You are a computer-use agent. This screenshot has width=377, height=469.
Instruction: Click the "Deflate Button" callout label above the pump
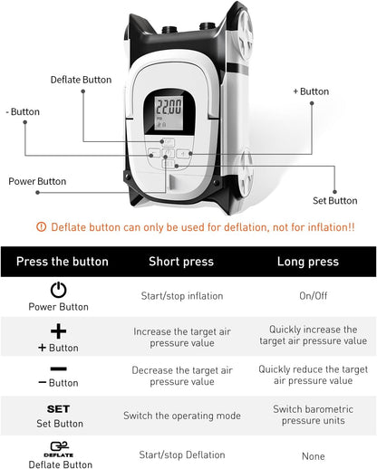[x=81, y=80]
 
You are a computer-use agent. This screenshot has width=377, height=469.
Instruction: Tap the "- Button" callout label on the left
[x=23, y=112]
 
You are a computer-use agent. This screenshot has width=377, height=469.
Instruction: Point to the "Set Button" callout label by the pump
[x=335, y=200]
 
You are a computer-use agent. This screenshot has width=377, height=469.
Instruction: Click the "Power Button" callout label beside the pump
[x=37, y=181]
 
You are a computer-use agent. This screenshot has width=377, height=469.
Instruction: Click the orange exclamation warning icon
[x=41, y=228]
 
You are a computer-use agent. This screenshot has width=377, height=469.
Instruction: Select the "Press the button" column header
[x=62, y=262]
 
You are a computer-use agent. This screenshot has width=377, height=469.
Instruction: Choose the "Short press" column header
[x=181, y=262]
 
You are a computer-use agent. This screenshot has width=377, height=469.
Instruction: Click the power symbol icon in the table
[x=58, y=291]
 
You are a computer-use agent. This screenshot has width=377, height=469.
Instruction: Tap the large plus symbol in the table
[x=58, y=331]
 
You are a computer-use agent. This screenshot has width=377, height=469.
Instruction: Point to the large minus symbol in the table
[x=58, y=368]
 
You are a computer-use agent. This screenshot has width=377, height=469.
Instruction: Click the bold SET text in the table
[x=58, y=409]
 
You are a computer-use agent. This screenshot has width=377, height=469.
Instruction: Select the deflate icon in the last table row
[x=58, y=447]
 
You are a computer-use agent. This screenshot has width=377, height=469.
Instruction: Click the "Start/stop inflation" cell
[x=181, y=296]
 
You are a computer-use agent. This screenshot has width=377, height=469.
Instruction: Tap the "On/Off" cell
[x=313, y=296]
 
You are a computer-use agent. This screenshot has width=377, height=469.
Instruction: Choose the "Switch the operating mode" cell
[x=181, y=416]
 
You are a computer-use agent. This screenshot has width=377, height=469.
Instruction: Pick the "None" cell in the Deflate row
[x=313, y=456]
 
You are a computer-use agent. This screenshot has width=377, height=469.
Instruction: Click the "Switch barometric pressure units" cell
[x=313, y=416]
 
